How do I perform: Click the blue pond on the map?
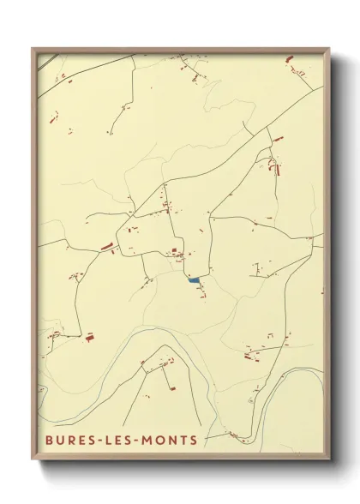tap(195, 280)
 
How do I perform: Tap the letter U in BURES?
tap(58, 441)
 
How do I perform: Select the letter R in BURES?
tap(71, 441)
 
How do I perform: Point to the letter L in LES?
tap(112, 441)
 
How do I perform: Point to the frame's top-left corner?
tap(32, 48)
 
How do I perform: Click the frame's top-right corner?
tap(330, 48)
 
